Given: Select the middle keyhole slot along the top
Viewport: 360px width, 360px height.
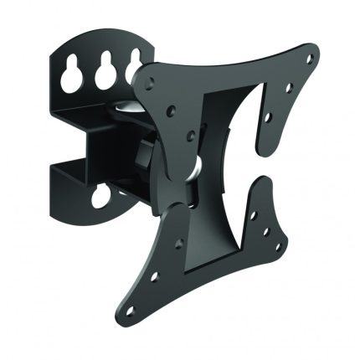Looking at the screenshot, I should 105,70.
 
